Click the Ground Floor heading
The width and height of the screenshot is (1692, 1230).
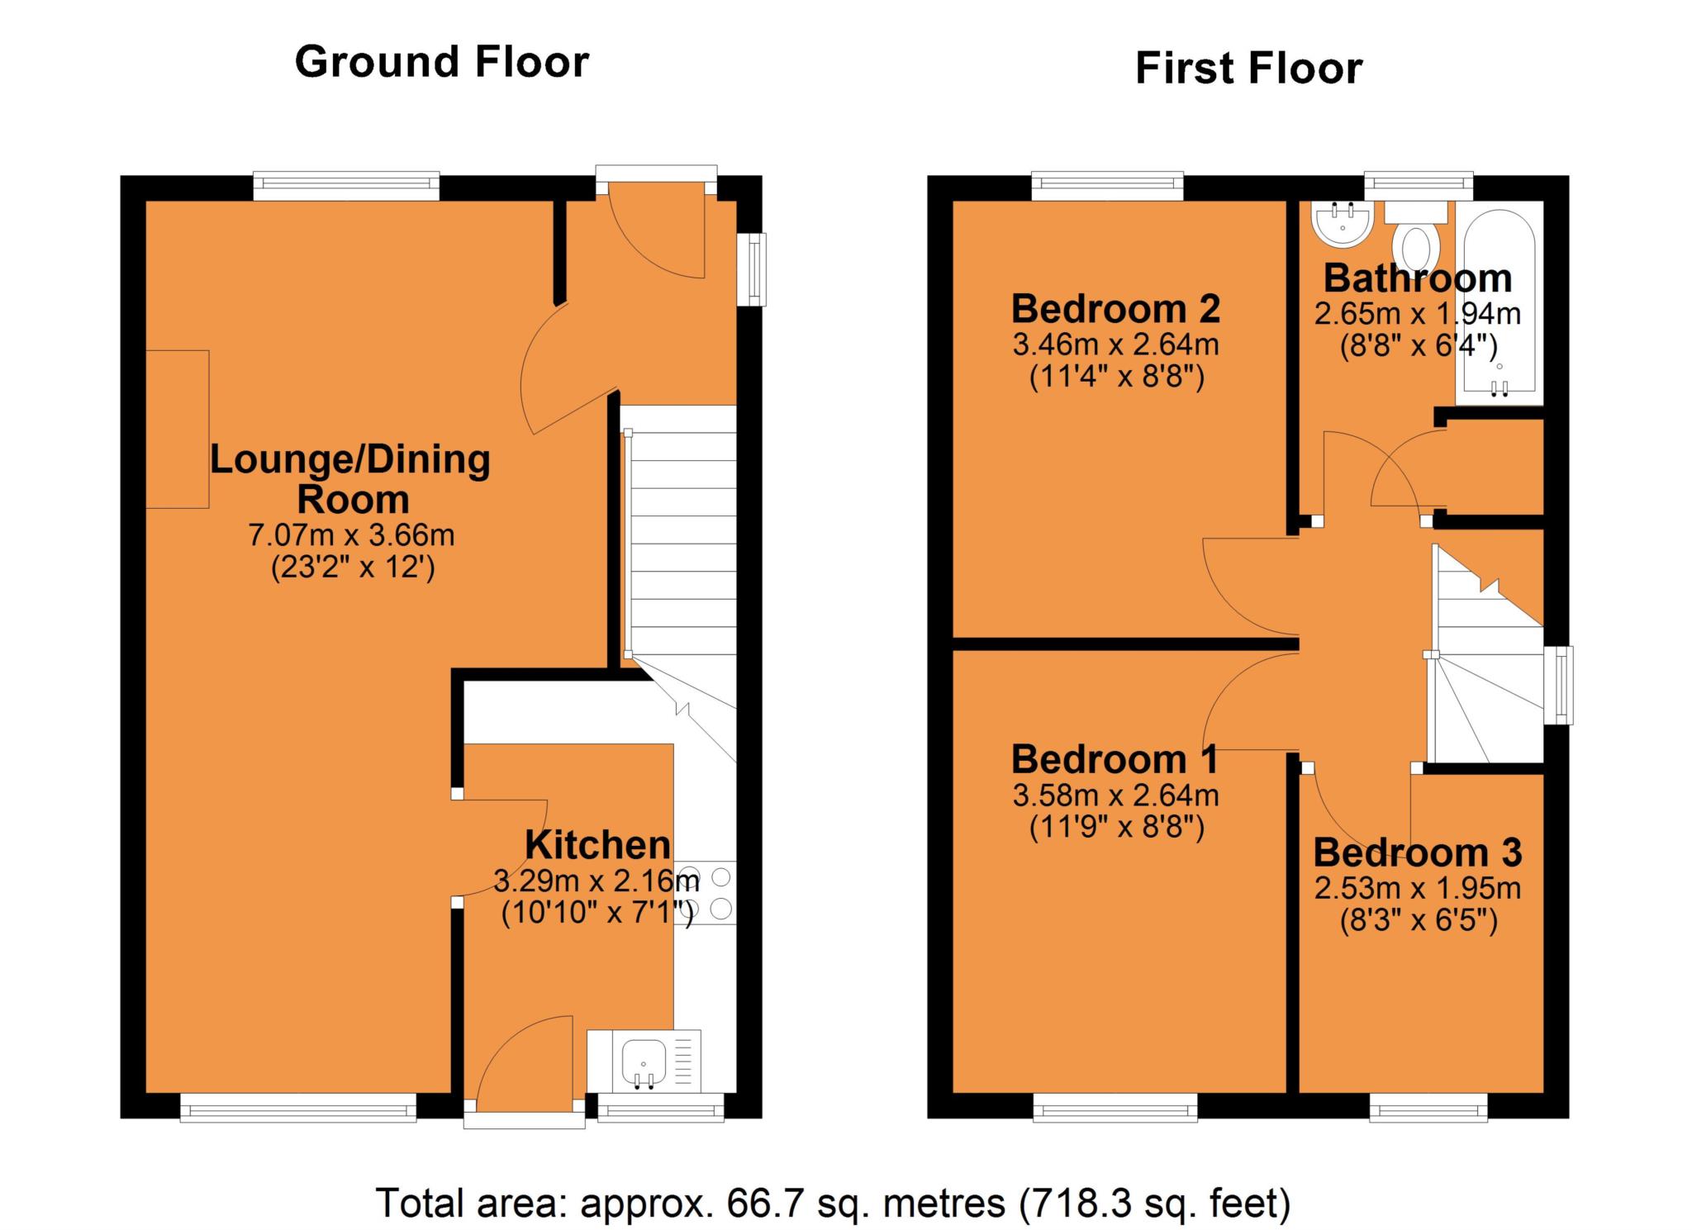click(441, 63)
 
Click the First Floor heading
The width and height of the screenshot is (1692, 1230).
click(1248, 69)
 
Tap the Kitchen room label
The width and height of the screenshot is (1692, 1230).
click(597, 845)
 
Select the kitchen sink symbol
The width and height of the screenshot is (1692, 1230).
click(644, 1061)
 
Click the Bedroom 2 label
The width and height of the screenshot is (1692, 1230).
click(1115, 310)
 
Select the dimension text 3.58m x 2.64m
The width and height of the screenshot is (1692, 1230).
click(1115, 795)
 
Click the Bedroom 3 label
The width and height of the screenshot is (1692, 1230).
click(1417, 852)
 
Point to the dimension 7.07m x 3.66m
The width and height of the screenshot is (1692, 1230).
click(351, 535)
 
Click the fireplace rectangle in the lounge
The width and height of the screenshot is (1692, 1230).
click(178, 429)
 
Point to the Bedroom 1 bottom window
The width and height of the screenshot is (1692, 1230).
click(1115, 1107)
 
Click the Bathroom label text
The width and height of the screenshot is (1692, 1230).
click(1417, 278)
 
